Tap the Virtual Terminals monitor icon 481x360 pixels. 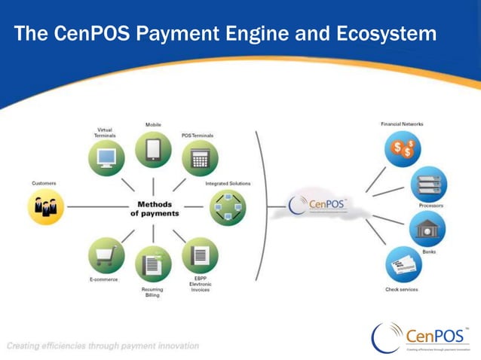coord(106,158)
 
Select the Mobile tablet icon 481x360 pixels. coord(153,148)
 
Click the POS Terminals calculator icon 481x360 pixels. coord(200,159)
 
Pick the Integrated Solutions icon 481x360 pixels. coord(227,206)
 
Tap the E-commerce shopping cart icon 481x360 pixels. coord(106,256)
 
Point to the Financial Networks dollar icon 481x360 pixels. coord(403,148)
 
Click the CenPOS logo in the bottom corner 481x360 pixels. coord(422,336)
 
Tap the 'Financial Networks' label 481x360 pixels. coord(402,124)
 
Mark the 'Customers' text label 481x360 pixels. coord(44,183)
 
